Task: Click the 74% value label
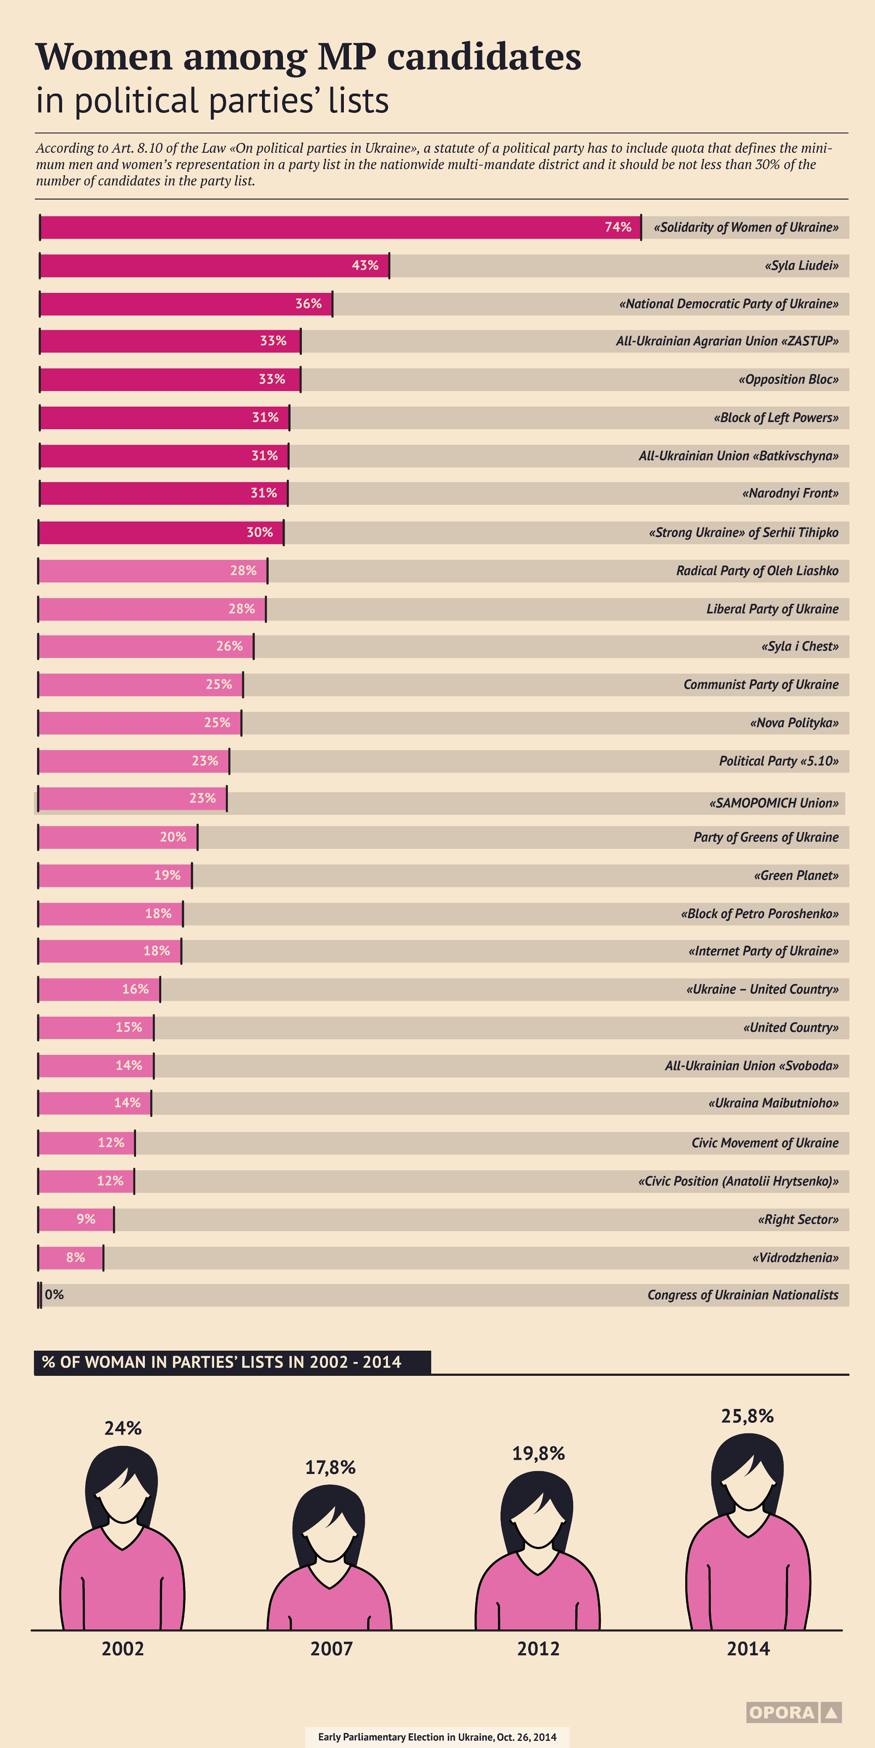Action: pos(618,227)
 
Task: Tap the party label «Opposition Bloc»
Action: pos(788,379)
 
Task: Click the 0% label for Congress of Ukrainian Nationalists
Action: pos(54,1295)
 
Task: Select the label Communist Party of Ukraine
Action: pos(761,685)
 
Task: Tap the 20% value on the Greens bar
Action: pos(173,837)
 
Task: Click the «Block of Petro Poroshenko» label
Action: pos(760,913)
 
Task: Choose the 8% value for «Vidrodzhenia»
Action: pos(75,1258)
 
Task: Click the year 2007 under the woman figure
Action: pos(331,1648)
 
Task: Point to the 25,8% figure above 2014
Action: pos(747,1416)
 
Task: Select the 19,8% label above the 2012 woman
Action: pos(538,1453)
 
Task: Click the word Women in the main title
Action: pos(104,57)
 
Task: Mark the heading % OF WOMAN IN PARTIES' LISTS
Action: pos(221,1362)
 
